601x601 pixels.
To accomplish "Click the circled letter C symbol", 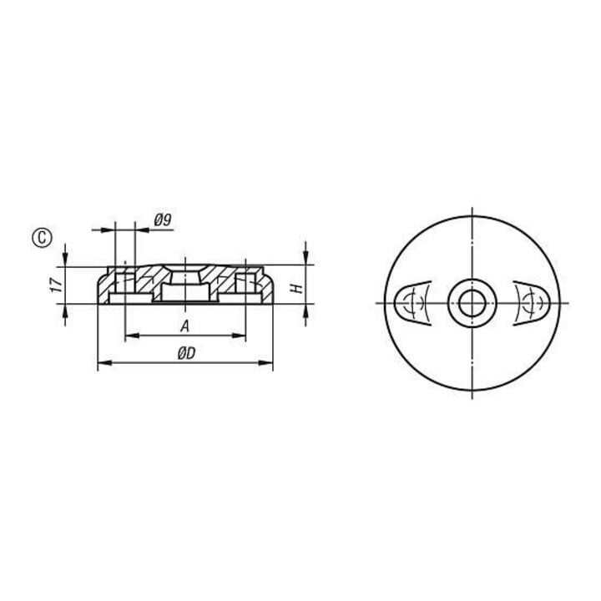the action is click(x=42, y=238).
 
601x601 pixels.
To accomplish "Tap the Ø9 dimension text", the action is click(x=163, y=220).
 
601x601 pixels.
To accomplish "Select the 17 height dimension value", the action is click(x=57, y=285).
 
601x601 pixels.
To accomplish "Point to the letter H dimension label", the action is click(x=298, y=288).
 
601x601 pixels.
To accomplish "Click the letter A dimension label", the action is click(x=185, y=326).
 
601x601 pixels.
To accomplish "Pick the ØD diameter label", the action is click(x=186, y=353).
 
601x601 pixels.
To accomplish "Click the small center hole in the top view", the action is click(x=472, y=303).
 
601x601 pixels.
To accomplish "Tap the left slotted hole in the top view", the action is click(x=413, y=303).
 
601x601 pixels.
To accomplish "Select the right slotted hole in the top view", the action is click(x=532, y=303).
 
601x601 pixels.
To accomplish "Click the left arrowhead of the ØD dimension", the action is click(x=105, y=362).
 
